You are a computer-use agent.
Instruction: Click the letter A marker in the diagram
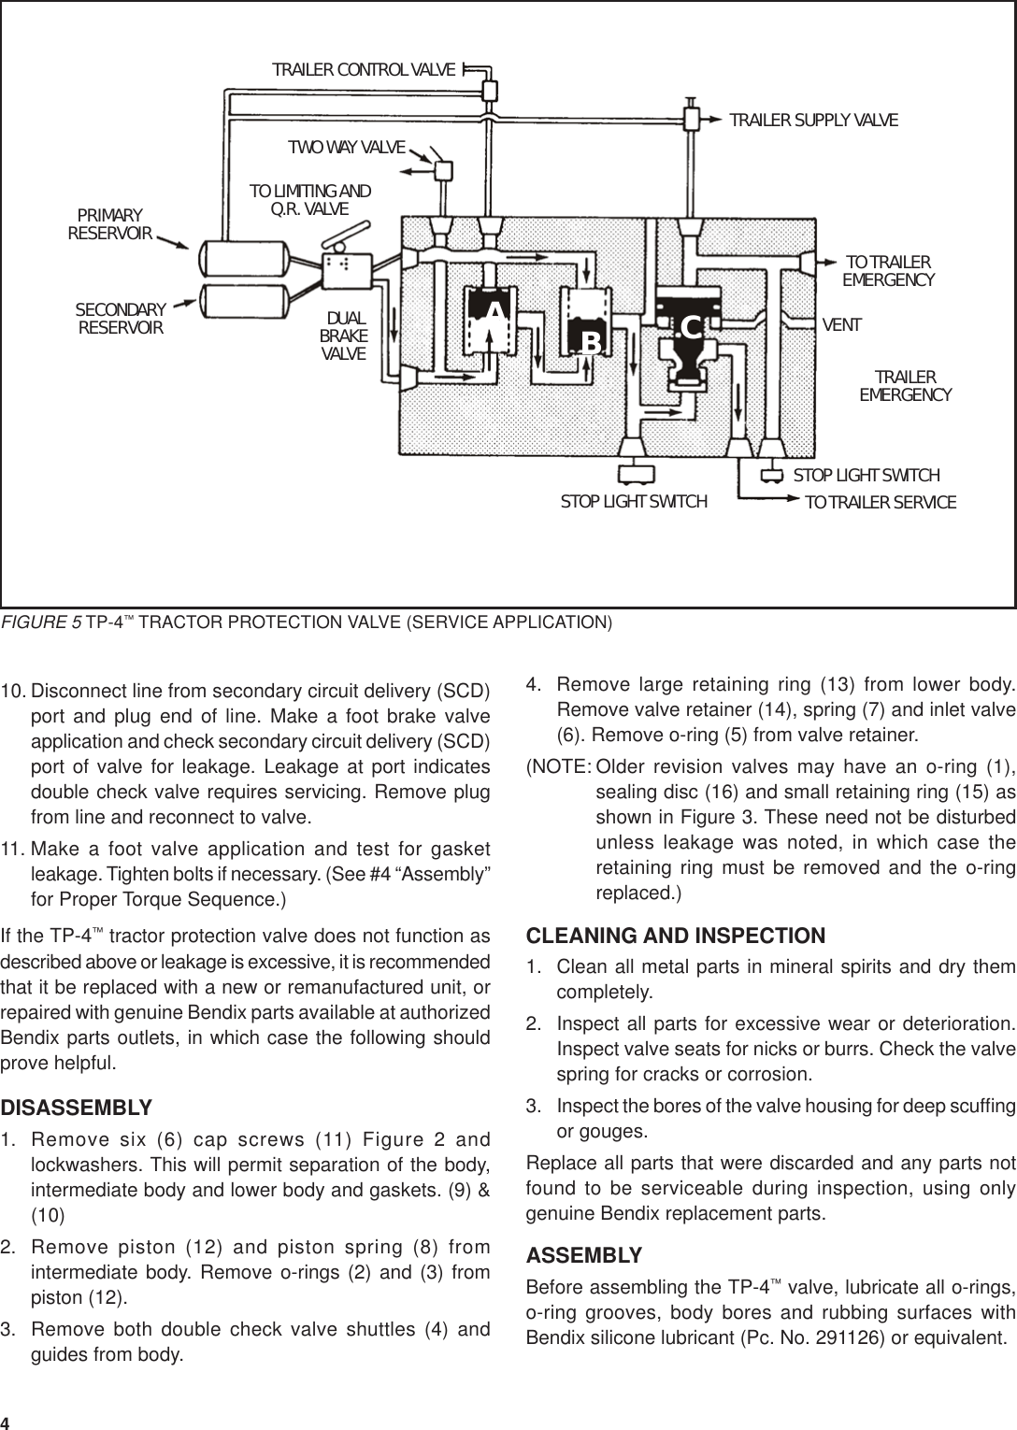pos(494,311)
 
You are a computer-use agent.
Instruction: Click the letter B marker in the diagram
pos(591,343)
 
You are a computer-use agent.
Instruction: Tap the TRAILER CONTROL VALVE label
pos(364,70)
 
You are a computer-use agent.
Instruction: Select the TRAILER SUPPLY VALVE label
pos(813,121)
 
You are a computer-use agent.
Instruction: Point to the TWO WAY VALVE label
pos(346,148)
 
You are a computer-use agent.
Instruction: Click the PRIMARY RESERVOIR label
pos(110,224)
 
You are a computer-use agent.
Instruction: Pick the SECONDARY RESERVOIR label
pos(121,319)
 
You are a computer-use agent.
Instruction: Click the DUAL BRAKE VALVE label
pos(343,336)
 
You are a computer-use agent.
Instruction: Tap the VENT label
pos(841,325)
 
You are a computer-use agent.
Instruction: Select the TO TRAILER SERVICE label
pos(881,503)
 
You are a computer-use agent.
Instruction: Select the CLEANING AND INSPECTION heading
pos(676,936)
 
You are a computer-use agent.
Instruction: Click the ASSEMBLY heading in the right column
pos(584,1254)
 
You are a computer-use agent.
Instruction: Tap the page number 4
pos(7,1422)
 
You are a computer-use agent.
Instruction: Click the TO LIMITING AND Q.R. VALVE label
pos(309,199)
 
